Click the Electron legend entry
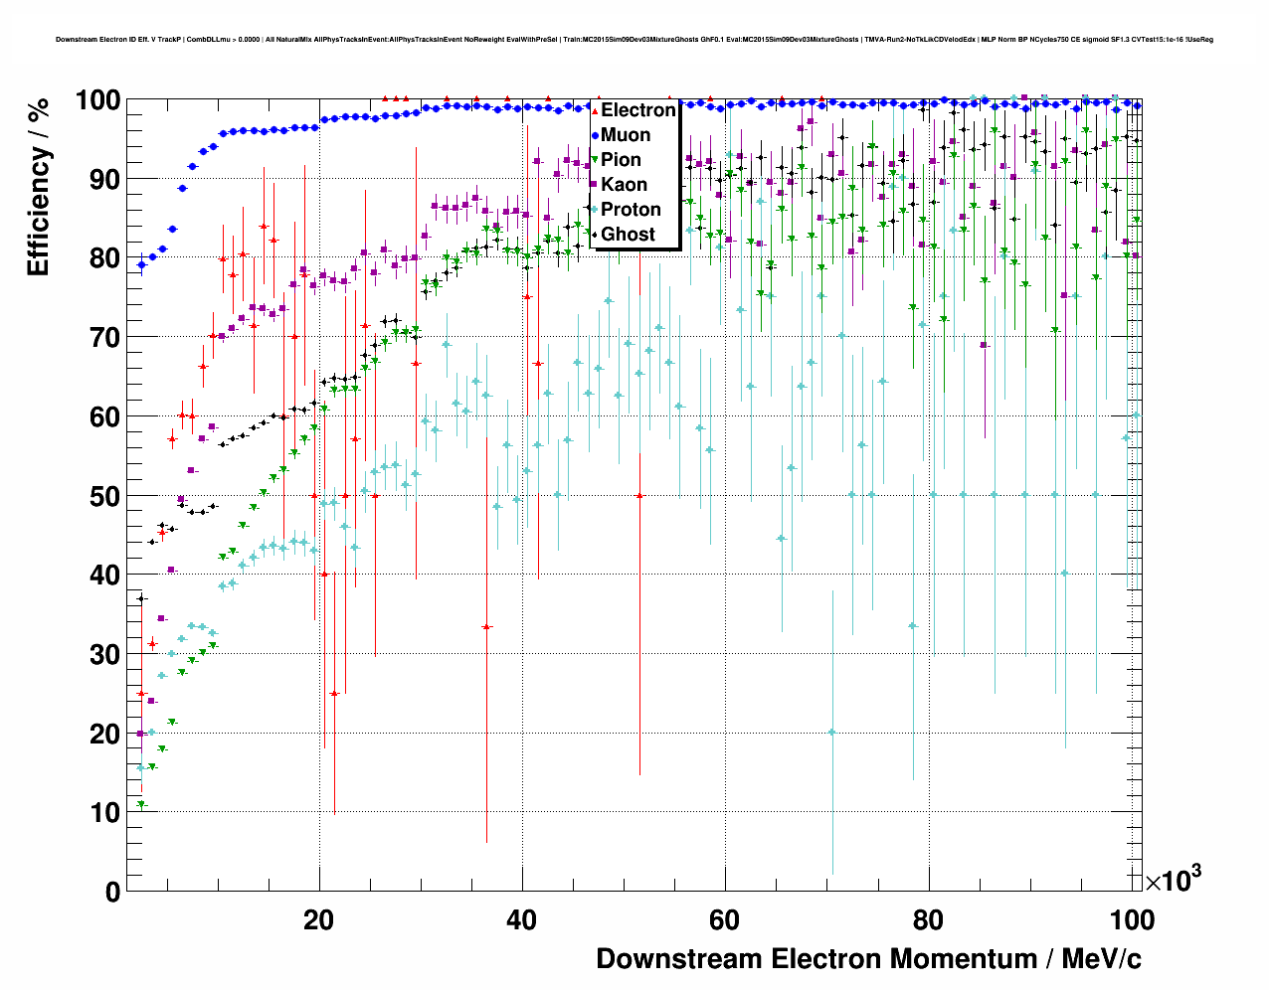tap(637, 110)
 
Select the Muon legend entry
tap(626, 135)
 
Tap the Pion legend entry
tap(621, 160)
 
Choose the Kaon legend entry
tap(624, 185)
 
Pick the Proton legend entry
tap(631, 210)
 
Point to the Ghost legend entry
tap(628, 235)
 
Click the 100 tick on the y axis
tap(98, 100)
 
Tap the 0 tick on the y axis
tap(112, 892)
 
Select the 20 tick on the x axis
tap(319, 920)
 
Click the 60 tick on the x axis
tap(725, 920)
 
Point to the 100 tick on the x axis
tap(1132, 920)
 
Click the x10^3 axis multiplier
tap(1174, 880)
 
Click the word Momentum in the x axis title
tap(963, 959)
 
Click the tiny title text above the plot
tap(634, 40)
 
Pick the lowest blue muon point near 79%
tap(141, 264)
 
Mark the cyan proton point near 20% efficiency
tap(832, 733)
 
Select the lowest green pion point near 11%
tap(141, 804)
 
